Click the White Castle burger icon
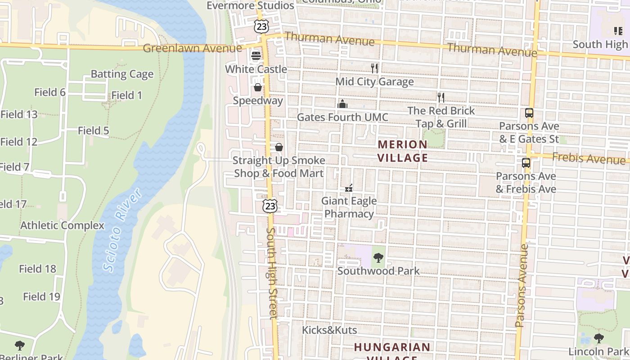[x=256, y=56]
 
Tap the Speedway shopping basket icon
[x=258, y=87]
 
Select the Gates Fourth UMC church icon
[x=342, y=104]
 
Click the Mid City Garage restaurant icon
[x=374, y=68]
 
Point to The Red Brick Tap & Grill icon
[x=441, y=97]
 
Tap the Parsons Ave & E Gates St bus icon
[x=529, y=113]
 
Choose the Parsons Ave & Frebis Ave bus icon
[x=526, y=163]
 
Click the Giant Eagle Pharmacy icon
[x=349, y=188]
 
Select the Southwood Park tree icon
[x=378, y=258]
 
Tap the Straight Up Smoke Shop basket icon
[x=279, y=147]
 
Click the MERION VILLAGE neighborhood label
[x=402, y=151]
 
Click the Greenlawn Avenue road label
[x=193, y=48]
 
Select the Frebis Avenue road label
[x=588, y=158]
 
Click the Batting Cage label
[x=122, y=74]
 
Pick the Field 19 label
[x=41, y=297]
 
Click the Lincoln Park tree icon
[x=598, y=338]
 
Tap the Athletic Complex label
[x=62, y=225]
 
